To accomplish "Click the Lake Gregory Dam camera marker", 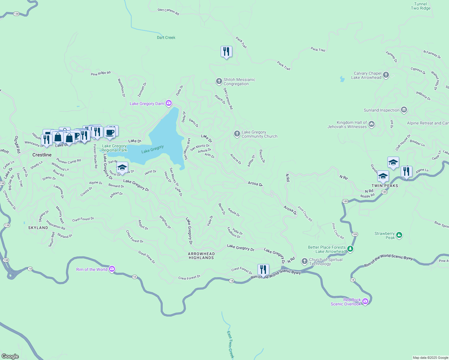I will click(169, 103).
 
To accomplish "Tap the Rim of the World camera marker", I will click(112, 269).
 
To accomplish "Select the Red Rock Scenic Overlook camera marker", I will click(365, 301).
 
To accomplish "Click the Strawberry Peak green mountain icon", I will click(399, 235).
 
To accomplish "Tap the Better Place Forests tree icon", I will click(350, 249).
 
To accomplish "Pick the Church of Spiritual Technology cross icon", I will click(305, 261).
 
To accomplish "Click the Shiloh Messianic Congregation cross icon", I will click(219, 81).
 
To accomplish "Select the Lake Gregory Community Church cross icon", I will click(237, 134).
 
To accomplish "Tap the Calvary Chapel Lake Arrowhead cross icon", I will click(386, 75).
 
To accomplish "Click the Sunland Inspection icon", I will click(404, 110).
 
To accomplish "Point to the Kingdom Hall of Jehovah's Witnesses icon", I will click(372, 124).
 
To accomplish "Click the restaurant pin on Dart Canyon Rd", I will click(226, 52).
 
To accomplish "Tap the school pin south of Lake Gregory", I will click(122, 168).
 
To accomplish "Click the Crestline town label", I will click(42, 155).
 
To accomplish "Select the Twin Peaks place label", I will click(385, 186).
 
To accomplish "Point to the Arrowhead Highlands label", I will click(201, 256).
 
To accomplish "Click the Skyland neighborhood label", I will click(38, 228).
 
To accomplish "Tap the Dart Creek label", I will click(166, 37).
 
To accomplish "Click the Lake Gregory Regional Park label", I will click(114, 148).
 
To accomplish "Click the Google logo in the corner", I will click(10, 356).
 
